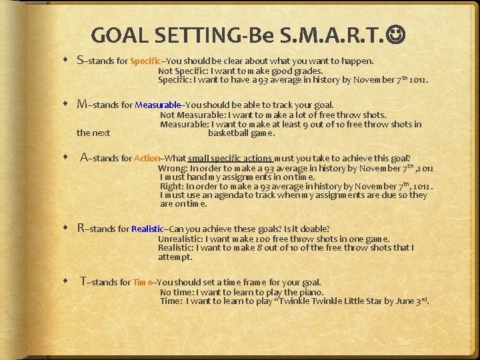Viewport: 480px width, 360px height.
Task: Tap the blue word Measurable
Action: [x=157, y=105]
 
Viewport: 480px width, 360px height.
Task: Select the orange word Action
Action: [x=147, y=159]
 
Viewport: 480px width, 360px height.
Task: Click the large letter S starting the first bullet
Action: [x=81, y=61]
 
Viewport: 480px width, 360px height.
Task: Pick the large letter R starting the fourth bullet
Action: [x=81, y=229]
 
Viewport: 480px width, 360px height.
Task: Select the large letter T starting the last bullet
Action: [x=83, y=281]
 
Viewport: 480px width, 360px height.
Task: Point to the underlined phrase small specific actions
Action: [x=230, y=159]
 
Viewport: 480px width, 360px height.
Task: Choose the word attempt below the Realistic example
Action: [x=175, y=257]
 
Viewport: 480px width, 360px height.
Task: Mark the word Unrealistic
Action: [x=179, y=239]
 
